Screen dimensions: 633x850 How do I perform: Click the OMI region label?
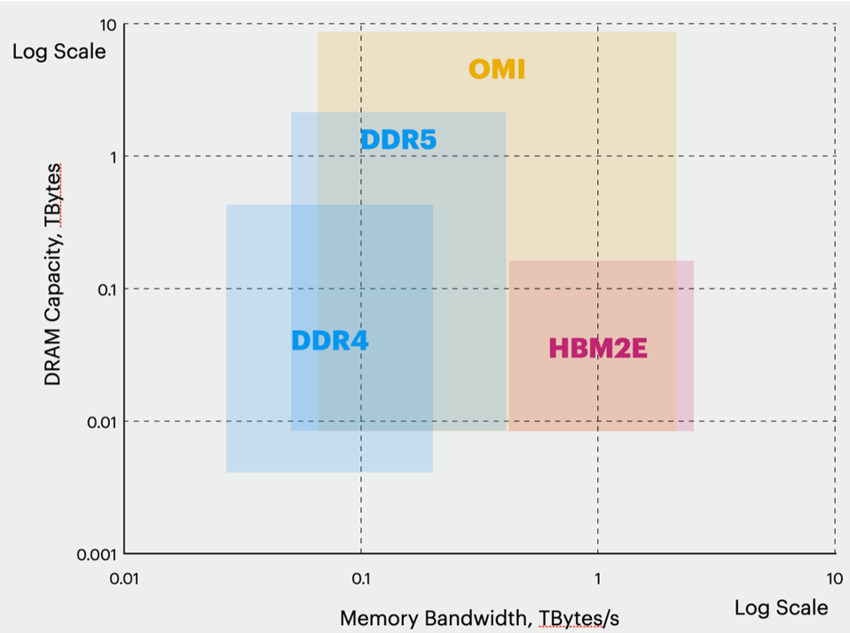[x=497, y=69]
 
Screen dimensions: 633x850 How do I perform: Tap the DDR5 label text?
[x=398, y=140]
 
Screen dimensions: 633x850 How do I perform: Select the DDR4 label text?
[x=330, y=340]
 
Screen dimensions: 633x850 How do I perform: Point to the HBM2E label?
[x=598, y=348]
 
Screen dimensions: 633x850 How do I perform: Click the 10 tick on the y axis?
[x=107, y=24]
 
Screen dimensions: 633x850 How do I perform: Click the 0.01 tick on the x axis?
[x=123, y=579]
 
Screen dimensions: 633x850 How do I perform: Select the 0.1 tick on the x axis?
[x=360, y=579]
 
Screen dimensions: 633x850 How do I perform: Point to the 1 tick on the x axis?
[x=597, y=579]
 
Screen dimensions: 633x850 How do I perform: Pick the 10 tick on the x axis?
[x=834, y=579]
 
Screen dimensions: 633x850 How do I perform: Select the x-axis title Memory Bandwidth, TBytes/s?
[x=479, y=618]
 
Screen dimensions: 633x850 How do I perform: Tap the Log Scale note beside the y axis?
[x=59, y=51]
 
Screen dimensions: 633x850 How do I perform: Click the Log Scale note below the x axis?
[x=781, y=607]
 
